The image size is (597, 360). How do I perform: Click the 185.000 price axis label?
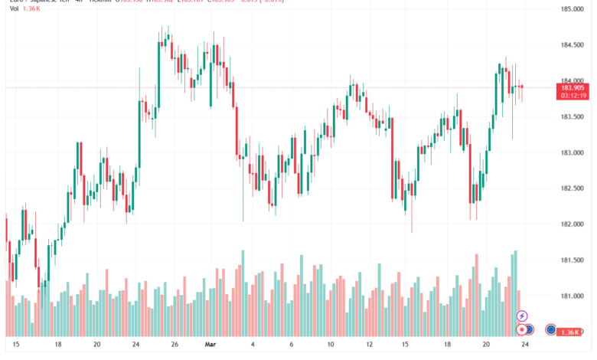point(573,9)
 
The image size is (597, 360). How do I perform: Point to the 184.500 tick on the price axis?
point(573,45)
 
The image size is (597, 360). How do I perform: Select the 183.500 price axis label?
point(573,116)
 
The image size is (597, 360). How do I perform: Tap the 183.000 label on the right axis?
point(573,152)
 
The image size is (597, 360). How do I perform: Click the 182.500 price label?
point(573,188)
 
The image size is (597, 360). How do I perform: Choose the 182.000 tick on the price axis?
point(573,224)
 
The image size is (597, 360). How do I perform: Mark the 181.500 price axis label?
point(573,260)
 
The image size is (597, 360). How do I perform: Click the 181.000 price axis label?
point(573,296)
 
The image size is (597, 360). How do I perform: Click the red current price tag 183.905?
point(573,87)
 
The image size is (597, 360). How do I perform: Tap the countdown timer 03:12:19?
point(573,96)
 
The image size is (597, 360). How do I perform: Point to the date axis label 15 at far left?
point(16,345)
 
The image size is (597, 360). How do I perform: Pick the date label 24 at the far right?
point(525,345)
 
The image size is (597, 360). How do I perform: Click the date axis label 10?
point(330,345)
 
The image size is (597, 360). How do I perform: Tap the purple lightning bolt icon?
point(522,316)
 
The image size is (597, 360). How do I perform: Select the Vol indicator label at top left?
point(10,10)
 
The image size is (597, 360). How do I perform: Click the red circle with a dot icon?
point(522,329)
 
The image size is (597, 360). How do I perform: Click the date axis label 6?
point(291,345)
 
